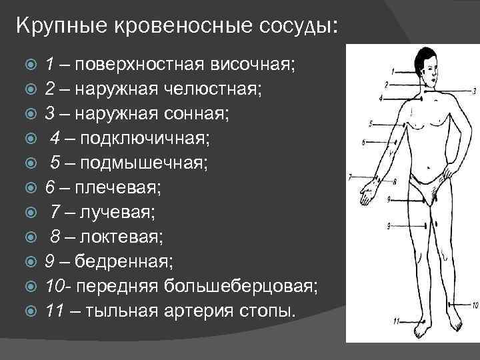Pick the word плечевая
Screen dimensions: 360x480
coord(117,187)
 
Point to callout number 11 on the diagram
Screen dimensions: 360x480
coord(395,321)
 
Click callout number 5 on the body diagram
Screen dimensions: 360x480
coord(371,123)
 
